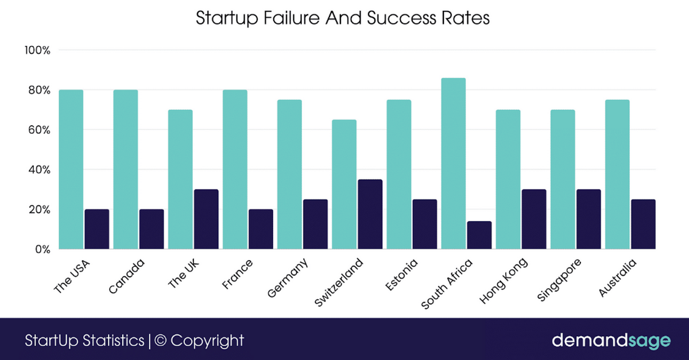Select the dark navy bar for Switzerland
[369, 215]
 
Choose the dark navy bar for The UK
[206, 219]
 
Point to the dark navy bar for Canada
[151, 229]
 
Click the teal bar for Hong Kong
[508, 179]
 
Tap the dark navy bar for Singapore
[588, 219]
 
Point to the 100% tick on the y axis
[38, 51]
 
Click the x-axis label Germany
[289, 278]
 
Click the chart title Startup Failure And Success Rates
[343, 18]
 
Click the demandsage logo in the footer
[610, 340]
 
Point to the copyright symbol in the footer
[161, 340]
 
